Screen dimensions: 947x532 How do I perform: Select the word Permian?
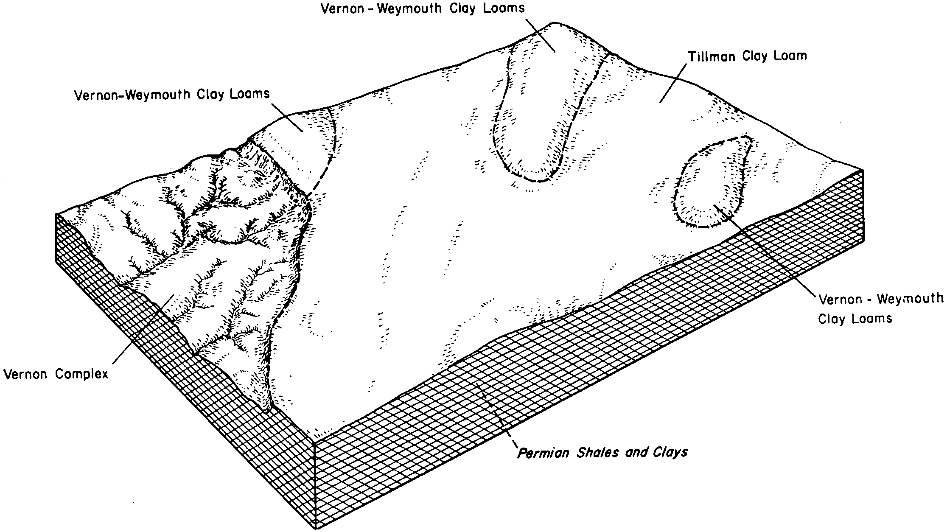pyautogui.click(x=545, y=453)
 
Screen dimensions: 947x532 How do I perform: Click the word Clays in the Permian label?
pyautogui.click(x=672, y=453)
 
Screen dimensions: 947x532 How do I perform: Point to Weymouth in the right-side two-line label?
pyautogui.click(x=910, y=300)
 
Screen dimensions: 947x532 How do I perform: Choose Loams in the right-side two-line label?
pyautogui.click(x=874, y=318)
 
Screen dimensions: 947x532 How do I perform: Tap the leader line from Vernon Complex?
pyautogui.click(x=143, y=329)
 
